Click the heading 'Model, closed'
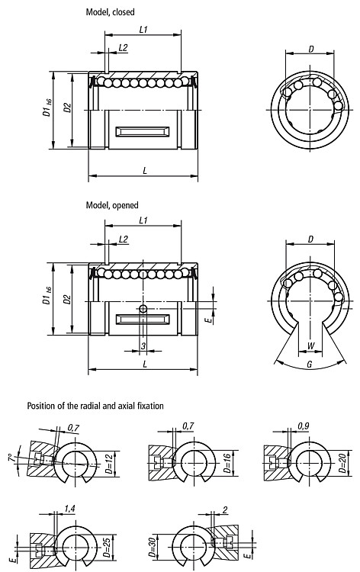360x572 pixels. tap(110, 12)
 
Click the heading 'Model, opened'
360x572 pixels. tap(112, 205)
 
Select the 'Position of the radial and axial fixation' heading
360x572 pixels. tap(95, 406)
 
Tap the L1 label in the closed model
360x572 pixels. tap(143, 29)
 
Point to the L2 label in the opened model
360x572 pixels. tap(124, 239)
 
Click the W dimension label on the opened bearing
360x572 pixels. tap(310, 345)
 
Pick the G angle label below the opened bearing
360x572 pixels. tap(310, 364)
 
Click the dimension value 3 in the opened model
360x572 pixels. tap(143, 345)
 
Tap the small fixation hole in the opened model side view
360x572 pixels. tap(143, 309)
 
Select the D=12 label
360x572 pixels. tap(109, 464)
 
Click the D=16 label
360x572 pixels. tap(227, 463)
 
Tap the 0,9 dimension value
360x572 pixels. tap(303, 426)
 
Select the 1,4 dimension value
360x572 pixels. tap(69, 508)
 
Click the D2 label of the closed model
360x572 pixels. tap(67, 108)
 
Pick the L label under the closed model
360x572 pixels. tap(145, 171)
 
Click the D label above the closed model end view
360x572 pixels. tap(310, 49)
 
